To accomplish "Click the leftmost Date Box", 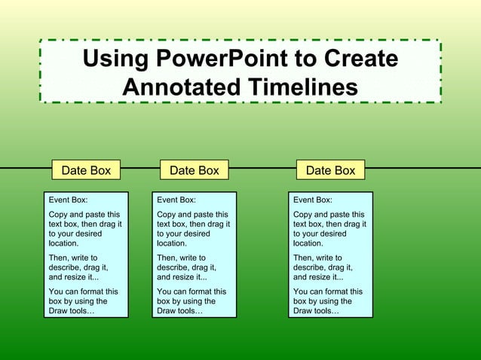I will (86, 170).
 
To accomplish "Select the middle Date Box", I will (195, 170).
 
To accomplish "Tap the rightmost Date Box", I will (330, 170).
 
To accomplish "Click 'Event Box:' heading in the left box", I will (68, 200).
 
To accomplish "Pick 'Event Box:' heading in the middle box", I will (176, 200).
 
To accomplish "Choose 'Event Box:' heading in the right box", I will (312, 200).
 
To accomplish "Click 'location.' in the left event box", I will (64, 243).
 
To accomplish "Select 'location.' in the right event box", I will (308, 243).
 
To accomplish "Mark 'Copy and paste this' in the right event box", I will (328, 215).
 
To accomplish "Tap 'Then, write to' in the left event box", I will (73, 258).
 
